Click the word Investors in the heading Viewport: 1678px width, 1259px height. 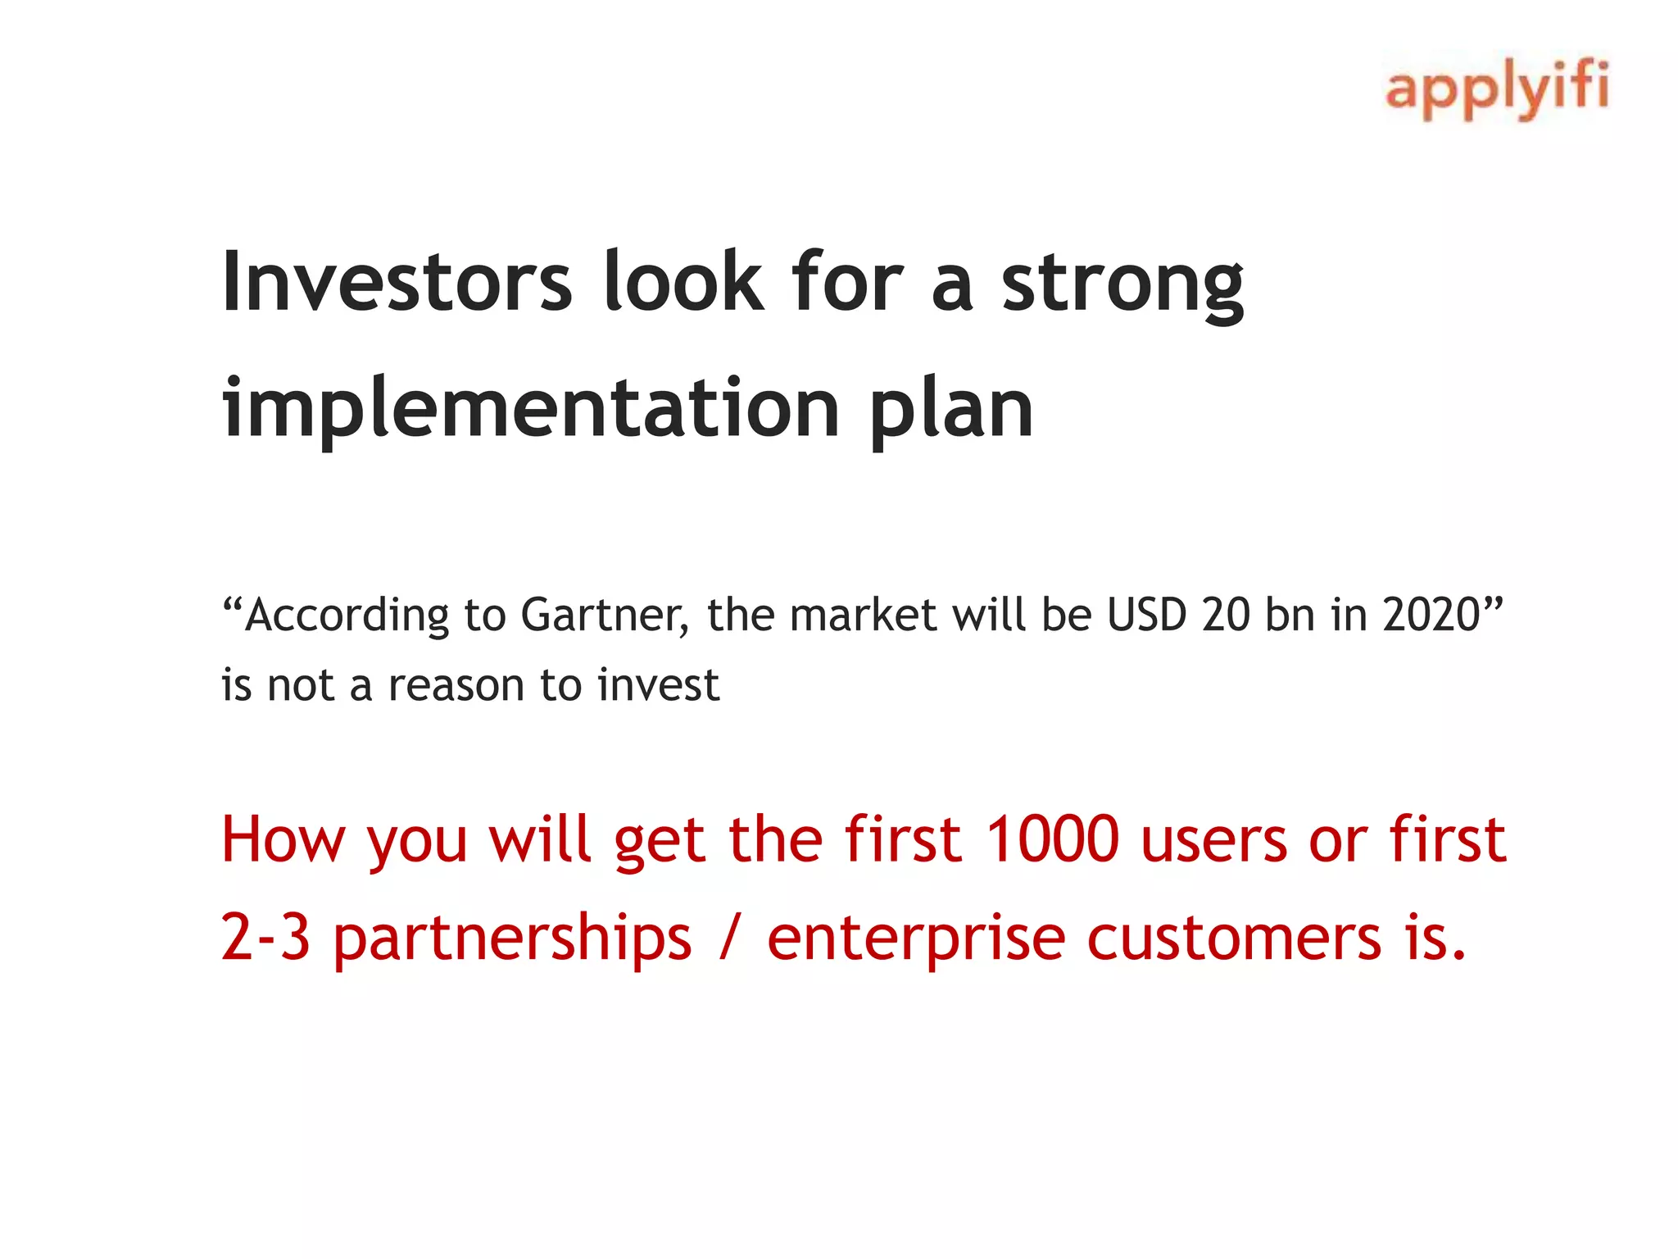pyautogui.click(x=397, y=283)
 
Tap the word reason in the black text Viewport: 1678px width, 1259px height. pyautogui.click(x=456, y=685)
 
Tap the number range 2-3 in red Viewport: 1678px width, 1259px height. pyautogui.click(x=265, y=938)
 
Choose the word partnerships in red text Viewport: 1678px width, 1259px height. pyautogui.click(x=512, y=938)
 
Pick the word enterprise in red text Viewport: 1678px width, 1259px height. pyautogui.click(x=915, y=938)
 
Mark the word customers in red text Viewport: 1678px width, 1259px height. pyautogui.click(x=1234, y=938)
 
